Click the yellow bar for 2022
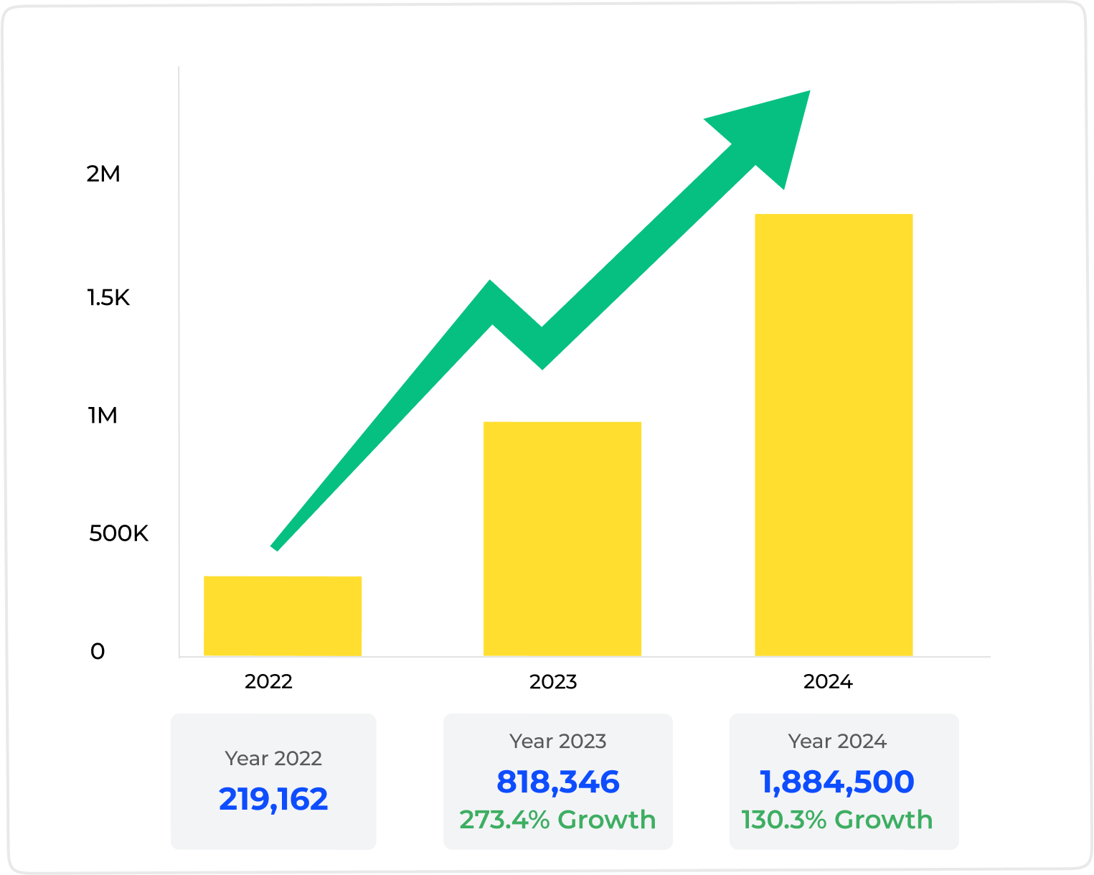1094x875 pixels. point(283,616)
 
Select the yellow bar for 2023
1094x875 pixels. point(562,538)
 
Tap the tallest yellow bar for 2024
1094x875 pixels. point(834,434)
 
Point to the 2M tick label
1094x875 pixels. point(103,174)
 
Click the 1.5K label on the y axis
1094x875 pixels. point(108,297)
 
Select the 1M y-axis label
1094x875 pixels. point(103,416)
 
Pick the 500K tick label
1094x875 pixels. point(118,533)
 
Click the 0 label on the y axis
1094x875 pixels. point(98,651)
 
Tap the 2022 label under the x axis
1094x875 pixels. point(268,681)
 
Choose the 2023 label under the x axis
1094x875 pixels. point(553,681)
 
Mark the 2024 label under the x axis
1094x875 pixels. point(828,681)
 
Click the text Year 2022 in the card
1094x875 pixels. point(273,758)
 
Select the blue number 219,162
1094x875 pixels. point(273,799)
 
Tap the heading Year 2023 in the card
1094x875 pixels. point(558,741)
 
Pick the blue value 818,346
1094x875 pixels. point(558,782)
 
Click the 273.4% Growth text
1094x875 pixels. point(558,819)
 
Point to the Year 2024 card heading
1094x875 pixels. point(837,741)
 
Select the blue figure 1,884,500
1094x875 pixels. point(837,782)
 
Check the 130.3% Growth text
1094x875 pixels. point(837,819)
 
